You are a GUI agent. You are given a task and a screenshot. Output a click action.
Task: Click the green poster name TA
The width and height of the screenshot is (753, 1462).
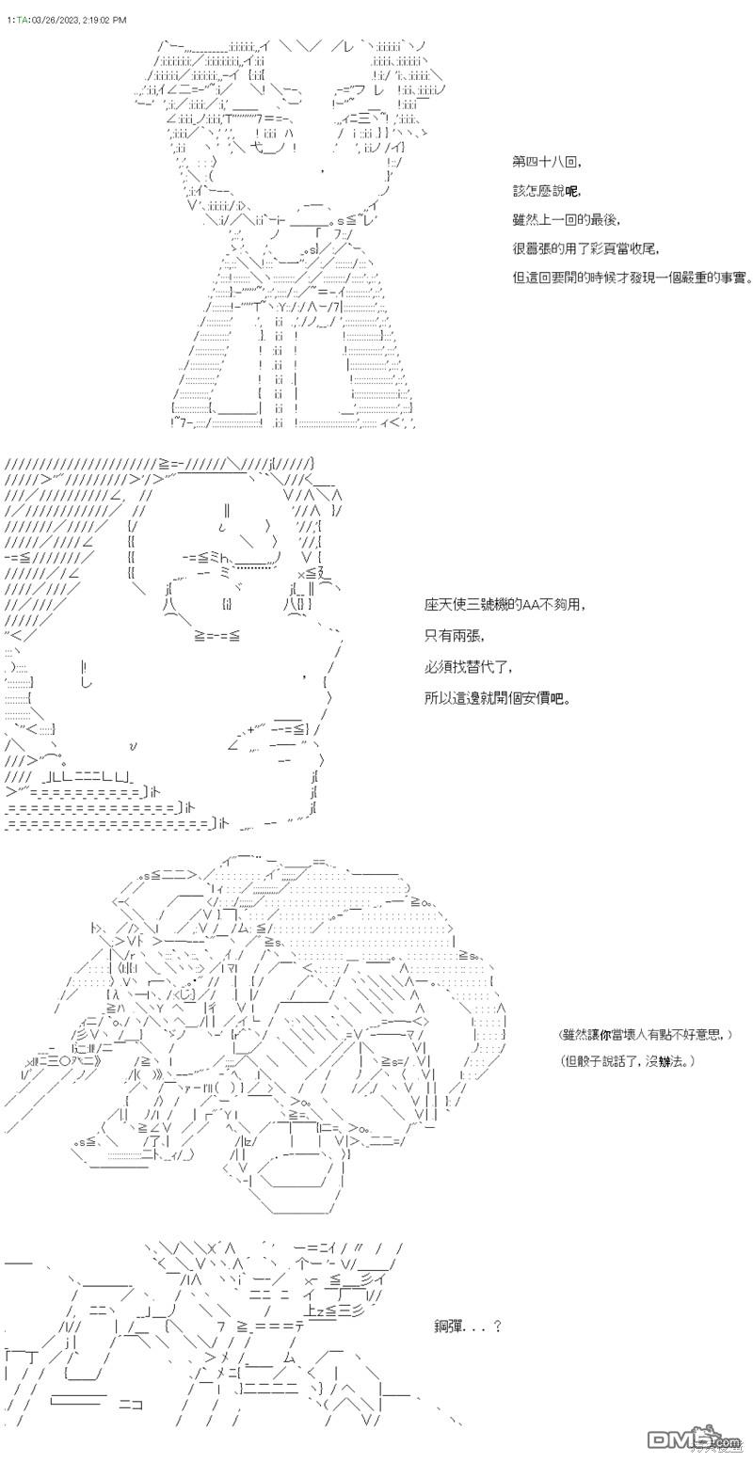click(x=23, y=21)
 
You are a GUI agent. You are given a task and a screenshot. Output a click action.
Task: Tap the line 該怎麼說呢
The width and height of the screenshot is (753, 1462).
click(x=547, y=191)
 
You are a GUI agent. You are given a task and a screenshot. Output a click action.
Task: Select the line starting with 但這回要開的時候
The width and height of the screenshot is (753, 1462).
click(x=633, y=278)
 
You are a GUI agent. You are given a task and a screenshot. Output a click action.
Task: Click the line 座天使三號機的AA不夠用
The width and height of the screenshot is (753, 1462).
click(x=505, y=605)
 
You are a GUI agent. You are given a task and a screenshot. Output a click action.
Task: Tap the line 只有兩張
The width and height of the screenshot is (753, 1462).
click(x=455, y=635)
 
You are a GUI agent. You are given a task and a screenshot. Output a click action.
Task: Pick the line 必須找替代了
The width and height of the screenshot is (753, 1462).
click(x=468, y=667)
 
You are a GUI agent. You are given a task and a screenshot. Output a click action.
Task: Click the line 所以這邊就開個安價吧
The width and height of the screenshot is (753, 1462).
click(x=498, y=699)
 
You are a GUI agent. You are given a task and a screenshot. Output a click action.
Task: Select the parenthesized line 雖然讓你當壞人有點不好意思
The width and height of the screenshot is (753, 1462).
click(x=646, y=1035)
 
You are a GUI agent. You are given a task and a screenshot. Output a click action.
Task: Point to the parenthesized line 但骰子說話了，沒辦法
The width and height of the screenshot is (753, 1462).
click(x=627, y=1062)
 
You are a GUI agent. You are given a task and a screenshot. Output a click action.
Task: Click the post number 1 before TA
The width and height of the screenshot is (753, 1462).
click(x=9, y=21)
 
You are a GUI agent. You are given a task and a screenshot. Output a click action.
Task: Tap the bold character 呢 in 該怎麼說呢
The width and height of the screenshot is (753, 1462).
click(x=571, y=191)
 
